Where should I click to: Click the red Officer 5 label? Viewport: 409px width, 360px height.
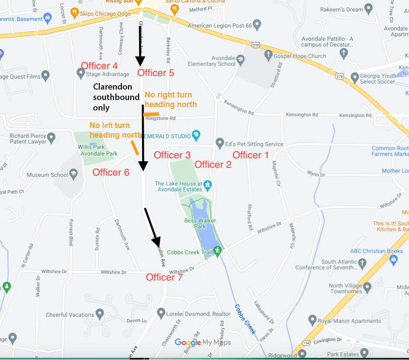pos(156,73)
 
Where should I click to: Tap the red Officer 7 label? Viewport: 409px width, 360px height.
pos(164,277)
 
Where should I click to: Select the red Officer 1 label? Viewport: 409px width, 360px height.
pos(250,155)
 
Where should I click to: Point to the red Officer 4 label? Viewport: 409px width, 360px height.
pos(99,66)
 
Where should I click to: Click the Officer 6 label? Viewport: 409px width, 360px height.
pos(111,172)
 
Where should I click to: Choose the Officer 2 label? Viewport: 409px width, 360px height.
pos(213,164)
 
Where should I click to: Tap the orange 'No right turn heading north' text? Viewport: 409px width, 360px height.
pos(170,100)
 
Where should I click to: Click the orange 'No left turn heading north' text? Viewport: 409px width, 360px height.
pos(115,130)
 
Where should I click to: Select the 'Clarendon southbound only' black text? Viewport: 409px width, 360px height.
pos(116,97)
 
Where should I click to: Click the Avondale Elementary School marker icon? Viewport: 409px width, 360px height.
pos(240,58)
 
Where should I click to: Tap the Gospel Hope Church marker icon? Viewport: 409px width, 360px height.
pos(268,55)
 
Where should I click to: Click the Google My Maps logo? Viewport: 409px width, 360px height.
pos(203,343)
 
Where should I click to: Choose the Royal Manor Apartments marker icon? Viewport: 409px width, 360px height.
pos(312,320)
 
